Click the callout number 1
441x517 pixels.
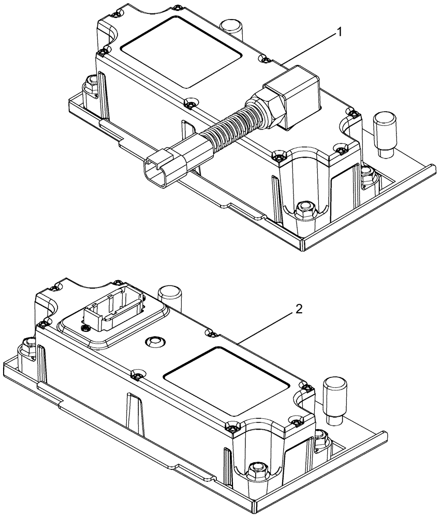(340, 33)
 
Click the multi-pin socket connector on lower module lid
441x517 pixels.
(112, 312)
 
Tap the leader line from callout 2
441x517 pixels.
(269, 325)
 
